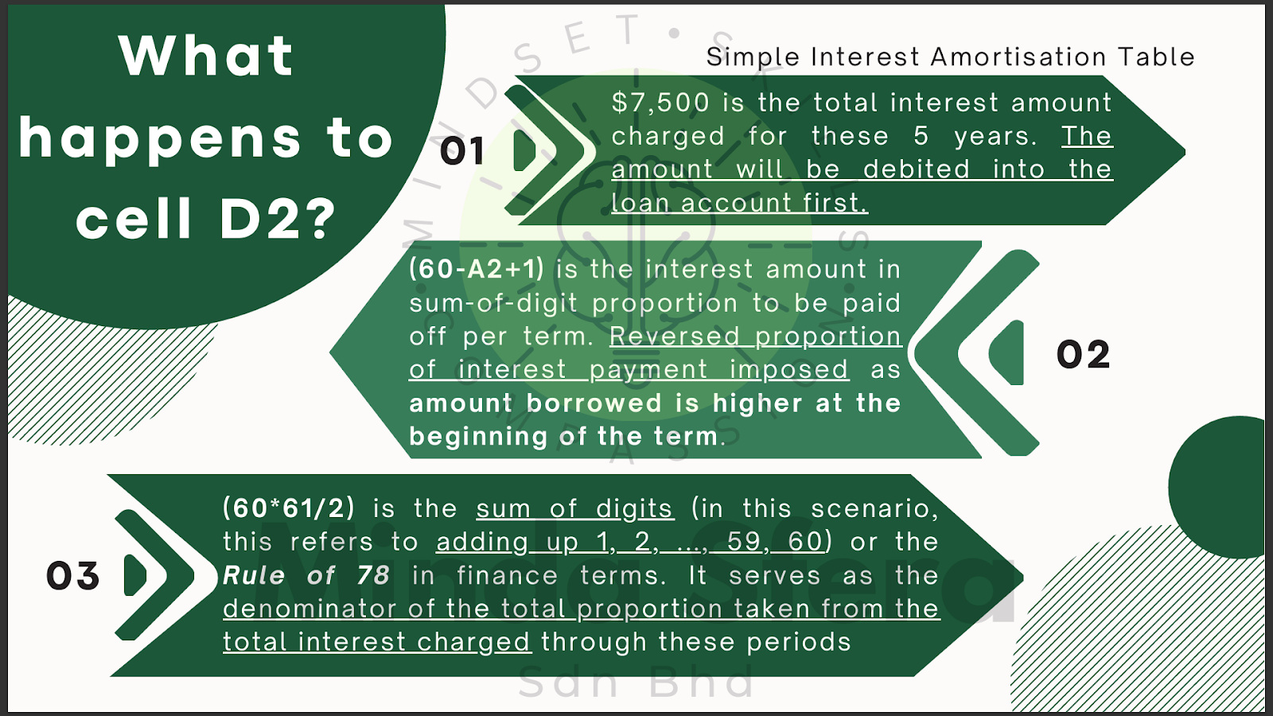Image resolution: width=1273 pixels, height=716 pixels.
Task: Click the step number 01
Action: tap(462, 151)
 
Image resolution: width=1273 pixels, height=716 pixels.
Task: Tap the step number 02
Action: tap(1083, 355)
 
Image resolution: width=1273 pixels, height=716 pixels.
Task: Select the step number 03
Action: tap(72, 576)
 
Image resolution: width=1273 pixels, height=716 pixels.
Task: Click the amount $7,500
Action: tap(660, 103)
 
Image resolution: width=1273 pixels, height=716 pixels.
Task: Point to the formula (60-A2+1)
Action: tap(477, 269)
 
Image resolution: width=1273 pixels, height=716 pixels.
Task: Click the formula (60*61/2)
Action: tap(289, 508)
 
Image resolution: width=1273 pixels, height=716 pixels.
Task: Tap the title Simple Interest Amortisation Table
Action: tap(950, 56)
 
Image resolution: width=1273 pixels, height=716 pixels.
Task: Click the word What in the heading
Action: tap(206, 56)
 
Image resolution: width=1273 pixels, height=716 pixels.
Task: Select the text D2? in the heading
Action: tap(278, 219)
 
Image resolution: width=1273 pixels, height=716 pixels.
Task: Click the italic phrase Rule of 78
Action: tap(306, 576)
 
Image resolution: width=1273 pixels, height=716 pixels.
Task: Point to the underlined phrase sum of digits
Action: tap(575, 508)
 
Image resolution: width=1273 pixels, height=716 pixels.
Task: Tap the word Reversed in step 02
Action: tap(675, 337)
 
